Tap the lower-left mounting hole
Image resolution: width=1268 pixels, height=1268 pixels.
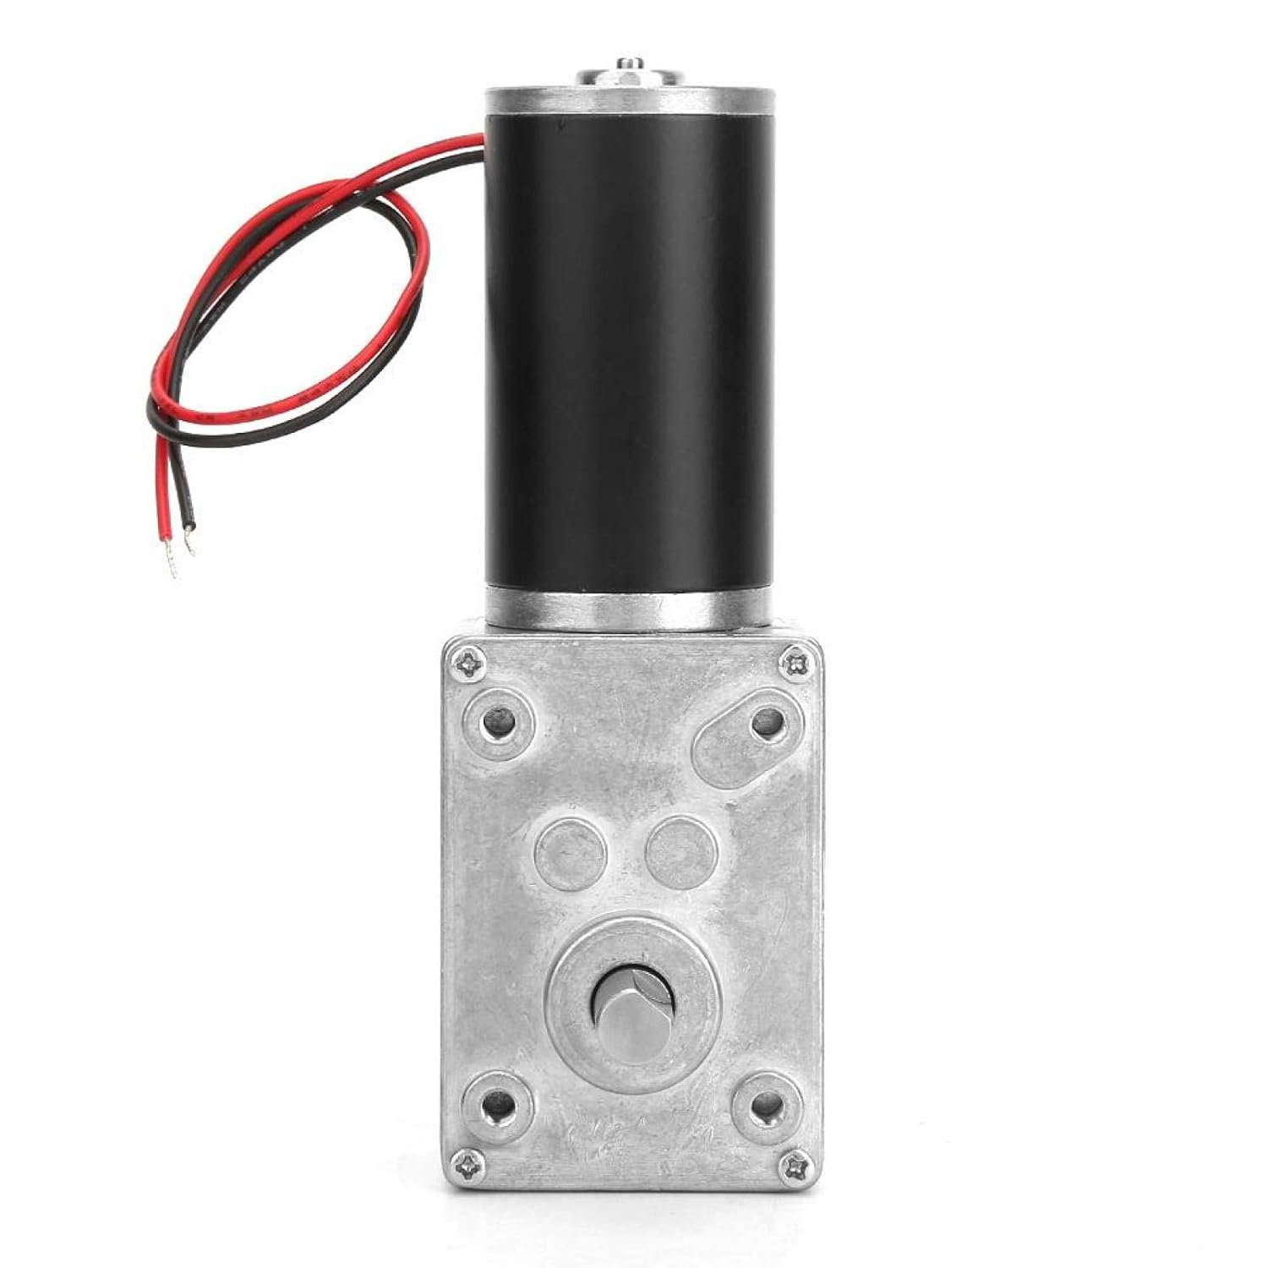(x=497, y=1102)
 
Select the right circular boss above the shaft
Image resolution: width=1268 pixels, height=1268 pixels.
(x=681, y=849)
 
